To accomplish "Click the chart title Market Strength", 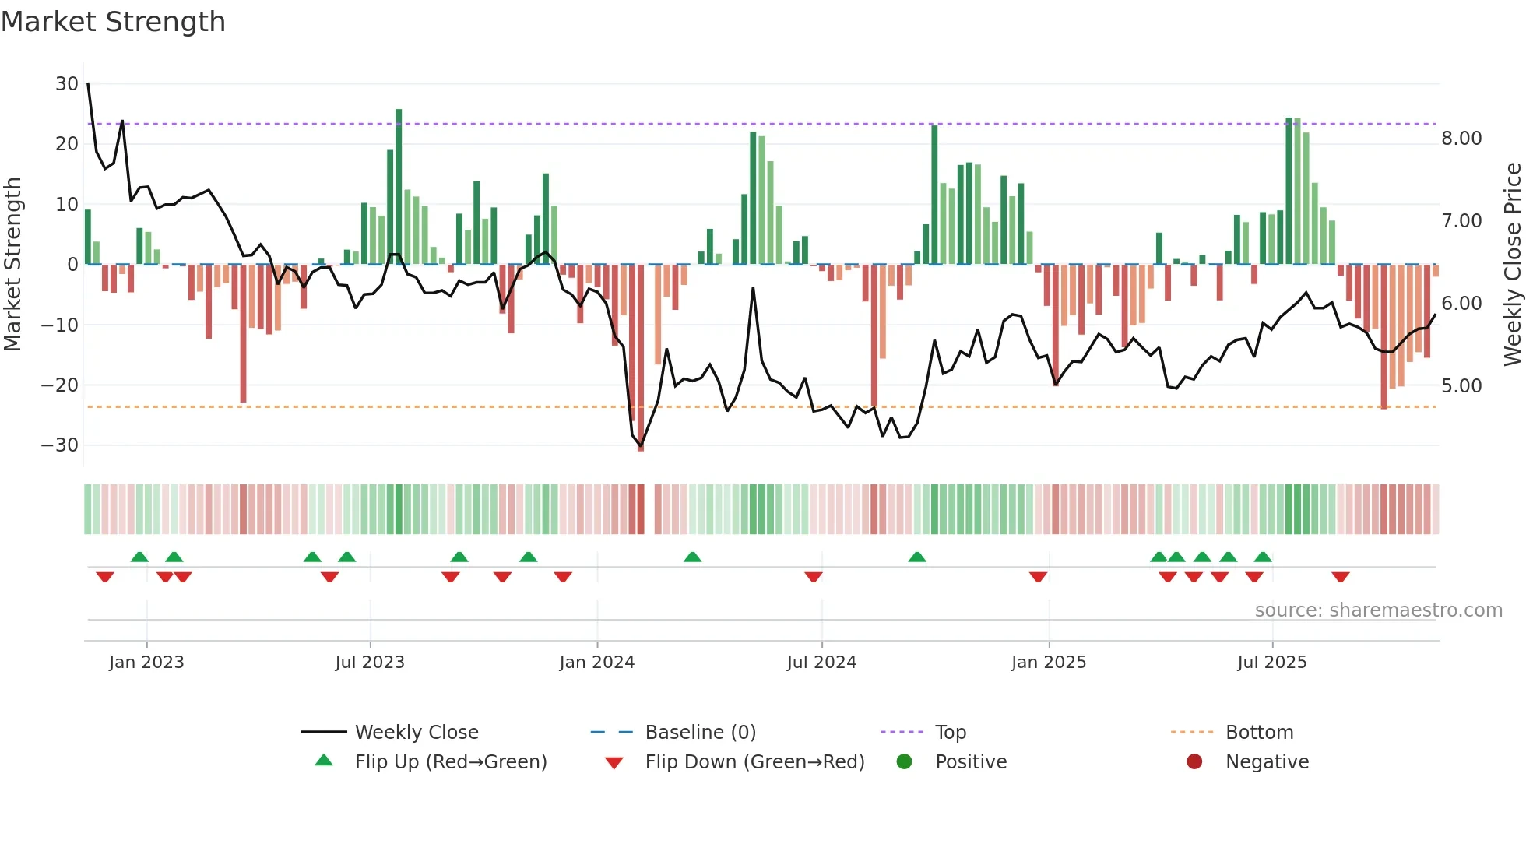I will (x=113, y=22).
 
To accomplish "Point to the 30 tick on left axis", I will (x=66, y=84).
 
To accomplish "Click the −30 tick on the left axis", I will (x=60, y=445).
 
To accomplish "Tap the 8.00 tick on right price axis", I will (x=1461, y=139).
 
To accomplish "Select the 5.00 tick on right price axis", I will (x=1461, y=386).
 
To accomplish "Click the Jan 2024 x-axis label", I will (x=596, y=663).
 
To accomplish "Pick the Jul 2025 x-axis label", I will (x=1271, y=663).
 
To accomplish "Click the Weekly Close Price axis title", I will (x=1512, y=264).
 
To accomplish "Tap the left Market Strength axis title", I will (x=12, y=264).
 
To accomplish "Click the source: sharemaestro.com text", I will (x=1378, y=610).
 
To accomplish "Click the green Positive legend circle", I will (x=904, y=762).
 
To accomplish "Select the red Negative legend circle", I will (x=1194, y=762).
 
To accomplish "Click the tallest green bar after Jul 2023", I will (x=399, y=187).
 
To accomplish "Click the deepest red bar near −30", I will (x=641, y=358).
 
